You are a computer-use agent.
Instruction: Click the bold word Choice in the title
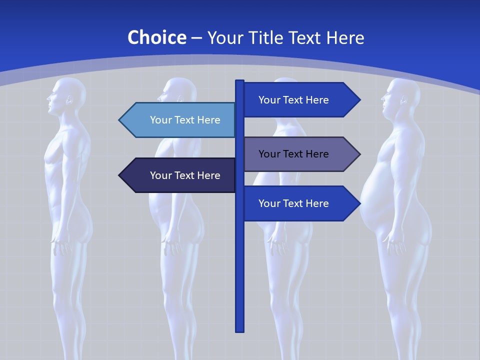pyautogui.click(x=156, y=37)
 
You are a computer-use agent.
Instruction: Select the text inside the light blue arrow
pyautogui.click(x=185, y=120)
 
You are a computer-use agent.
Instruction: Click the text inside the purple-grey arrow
pyautogui.click(x=293, y=154)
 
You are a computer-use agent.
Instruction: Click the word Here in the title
pyautogui.click(x=345, y=37)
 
